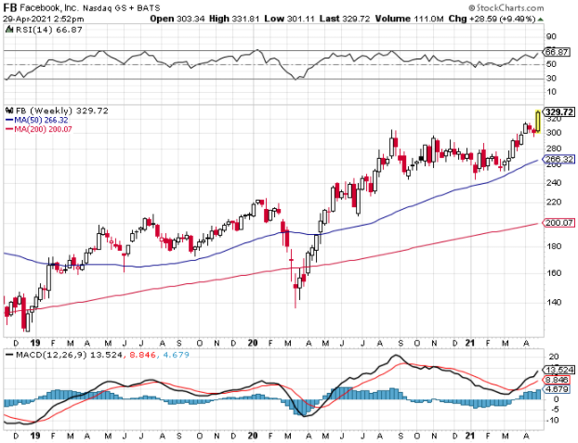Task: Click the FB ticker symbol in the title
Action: [x=11, y=7]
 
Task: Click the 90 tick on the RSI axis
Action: [x=550, y=37]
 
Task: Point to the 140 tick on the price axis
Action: [x=552, y=303]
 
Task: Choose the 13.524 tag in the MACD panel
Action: [x=556, y=369]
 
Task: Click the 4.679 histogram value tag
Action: [x=556, y=388]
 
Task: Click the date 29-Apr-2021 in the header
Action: [x=25, y=18]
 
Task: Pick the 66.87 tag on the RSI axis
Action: [x=556, y=52]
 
